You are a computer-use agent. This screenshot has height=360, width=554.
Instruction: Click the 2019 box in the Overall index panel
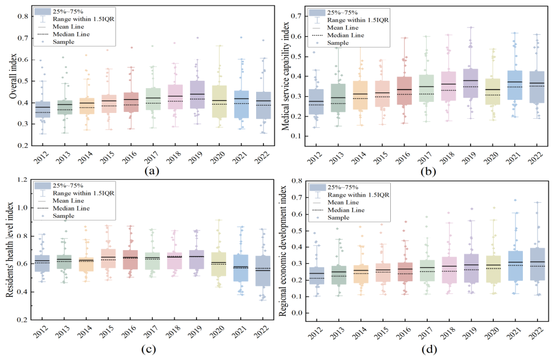pyautogui.click(x=197, y=94)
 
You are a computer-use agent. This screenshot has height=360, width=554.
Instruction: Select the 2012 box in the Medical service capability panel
pyautogui.click(x=316, y=101)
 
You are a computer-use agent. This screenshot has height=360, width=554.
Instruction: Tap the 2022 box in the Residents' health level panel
pyautogui.click(x=263, y=271)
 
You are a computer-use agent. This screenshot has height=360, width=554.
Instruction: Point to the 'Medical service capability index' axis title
pyautogui.click(x=286, y=77)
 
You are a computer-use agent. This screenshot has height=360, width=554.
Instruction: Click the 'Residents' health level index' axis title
pyautogui.click(x=10, y=250)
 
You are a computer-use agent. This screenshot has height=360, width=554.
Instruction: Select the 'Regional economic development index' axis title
pyautogui.click(x=283, y=251)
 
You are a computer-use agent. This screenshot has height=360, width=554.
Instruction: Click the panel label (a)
pyautogui.click(x=152, y=172)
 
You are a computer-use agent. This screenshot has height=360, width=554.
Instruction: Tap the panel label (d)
pyautogui.click(x=429, y=350)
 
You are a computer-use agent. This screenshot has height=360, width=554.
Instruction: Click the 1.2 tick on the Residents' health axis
pyautogui.click(x=22, y=179)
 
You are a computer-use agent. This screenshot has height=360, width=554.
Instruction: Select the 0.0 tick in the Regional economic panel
pyautogui.click(x=297, y=312)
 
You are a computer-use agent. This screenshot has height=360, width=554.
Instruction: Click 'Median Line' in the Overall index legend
pyautogui.click(x=71, y=34)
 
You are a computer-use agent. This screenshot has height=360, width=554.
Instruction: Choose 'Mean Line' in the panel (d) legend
pyautogui.click(x=343, y=202)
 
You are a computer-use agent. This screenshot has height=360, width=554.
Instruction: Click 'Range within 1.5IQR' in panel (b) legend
pyautogui.click(x=358, y=20)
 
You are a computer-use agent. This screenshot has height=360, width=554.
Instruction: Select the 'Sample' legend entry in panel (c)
pyautogui.click(x=63, y=216)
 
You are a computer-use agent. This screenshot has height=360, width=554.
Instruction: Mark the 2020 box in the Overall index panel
pyautogui.click(x=219, y=101)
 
